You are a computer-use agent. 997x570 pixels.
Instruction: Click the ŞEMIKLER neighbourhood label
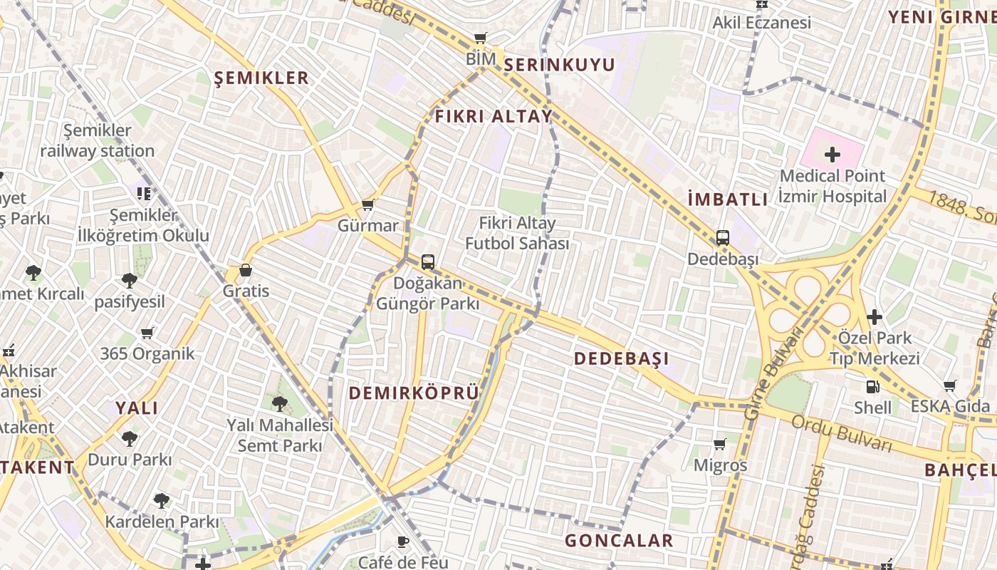tap(262, 78)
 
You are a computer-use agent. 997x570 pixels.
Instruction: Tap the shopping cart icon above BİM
tap(481, 38)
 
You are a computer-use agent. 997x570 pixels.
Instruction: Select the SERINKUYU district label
tap(559, 65)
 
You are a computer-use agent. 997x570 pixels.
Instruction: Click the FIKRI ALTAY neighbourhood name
tap(494, 116)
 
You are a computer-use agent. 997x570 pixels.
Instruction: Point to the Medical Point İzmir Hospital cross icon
tap(832, 154)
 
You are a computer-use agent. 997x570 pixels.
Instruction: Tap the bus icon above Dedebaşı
tap(722, 238)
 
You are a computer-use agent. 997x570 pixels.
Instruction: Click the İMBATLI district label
tap(728, 199)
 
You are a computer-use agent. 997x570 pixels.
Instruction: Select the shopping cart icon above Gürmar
tap(367, 205)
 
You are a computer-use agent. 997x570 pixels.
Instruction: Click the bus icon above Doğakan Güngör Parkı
tap(427, 262)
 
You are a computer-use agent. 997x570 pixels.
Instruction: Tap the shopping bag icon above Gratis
tap(245, 270)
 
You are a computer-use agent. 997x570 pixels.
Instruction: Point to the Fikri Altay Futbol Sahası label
tap(517, 233)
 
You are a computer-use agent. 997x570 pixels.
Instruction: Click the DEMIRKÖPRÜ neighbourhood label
tap(413, 393)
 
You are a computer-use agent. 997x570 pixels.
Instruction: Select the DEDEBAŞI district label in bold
tap(621, 358)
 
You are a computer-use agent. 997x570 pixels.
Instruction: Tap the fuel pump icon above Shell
tap(872, 387)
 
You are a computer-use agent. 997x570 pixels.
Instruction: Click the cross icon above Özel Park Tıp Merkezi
tap(875, 317)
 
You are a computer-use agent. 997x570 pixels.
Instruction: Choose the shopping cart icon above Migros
tap(720, 445)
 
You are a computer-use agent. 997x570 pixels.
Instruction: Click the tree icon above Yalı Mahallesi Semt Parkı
tap(279, 404)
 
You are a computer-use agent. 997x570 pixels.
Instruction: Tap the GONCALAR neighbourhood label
tap(618, 541)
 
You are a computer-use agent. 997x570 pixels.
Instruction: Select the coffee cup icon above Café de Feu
tap(403, 541)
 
